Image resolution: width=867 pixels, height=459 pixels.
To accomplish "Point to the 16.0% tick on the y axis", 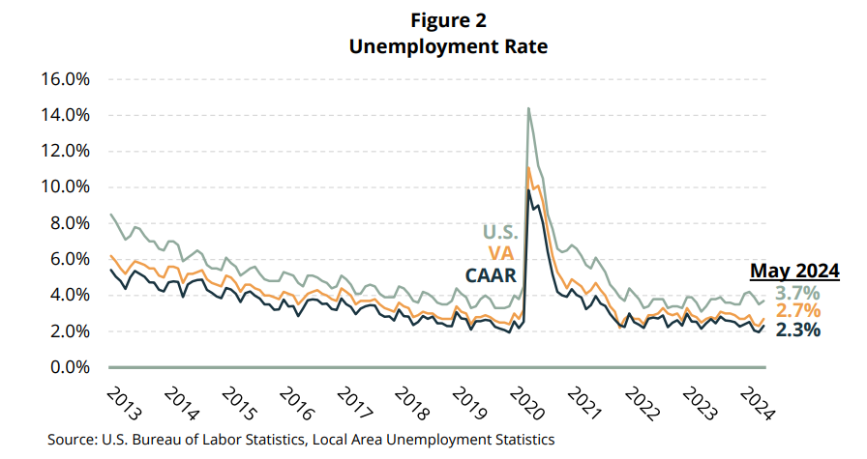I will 64,79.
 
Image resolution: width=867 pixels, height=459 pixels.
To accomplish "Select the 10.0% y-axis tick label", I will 64,187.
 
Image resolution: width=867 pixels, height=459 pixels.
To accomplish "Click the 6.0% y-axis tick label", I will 68,260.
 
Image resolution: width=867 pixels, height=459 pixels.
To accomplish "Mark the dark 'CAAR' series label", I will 493,274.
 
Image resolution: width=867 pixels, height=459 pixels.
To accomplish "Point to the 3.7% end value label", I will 798,292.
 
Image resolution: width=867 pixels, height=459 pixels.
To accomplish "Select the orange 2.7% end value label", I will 798,311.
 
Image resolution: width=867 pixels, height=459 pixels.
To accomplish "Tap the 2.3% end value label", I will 798,330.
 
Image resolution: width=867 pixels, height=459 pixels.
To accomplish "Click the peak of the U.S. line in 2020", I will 528,108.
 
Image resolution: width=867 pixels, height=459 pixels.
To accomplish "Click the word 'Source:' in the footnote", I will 73,440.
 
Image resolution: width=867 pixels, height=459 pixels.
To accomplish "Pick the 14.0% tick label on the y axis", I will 64,115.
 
